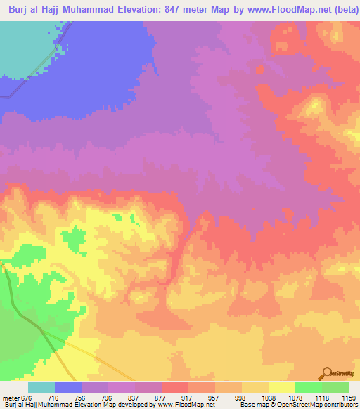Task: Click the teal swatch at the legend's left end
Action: [x=41, y=387]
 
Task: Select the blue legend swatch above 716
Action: [x=67, y=387]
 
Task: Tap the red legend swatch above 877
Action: [x=174, y=387]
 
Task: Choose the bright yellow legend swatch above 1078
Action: [x=281, y=387]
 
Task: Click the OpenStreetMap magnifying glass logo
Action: [x=328, y=372]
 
